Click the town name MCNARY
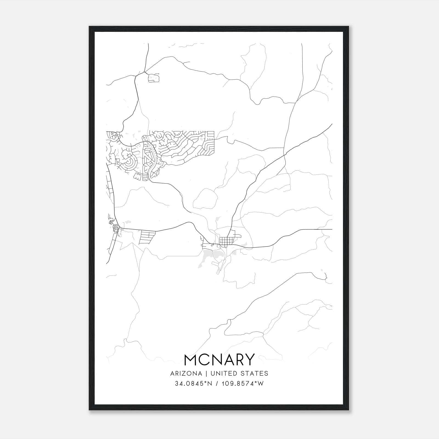pos(219,360)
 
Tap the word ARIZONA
pos(185,373)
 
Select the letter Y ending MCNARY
pos(249,360)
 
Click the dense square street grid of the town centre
pos(227,241)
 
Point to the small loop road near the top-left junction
pos(154,78)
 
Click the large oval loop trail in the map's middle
pos(205,199)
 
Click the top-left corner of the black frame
pos(89,27)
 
